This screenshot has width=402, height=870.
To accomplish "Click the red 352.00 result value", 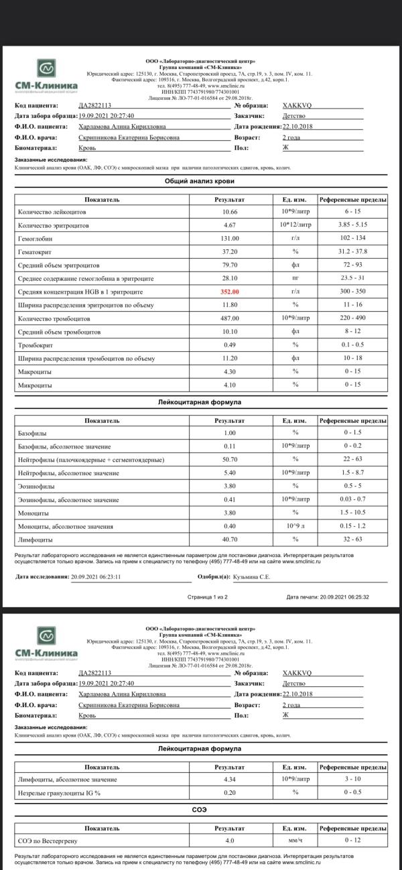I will click(230, 292).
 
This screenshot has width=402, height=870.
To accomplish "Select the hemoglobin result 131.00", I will click(230, 238).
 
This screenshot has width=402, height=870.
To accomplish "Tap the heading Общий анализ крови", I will click(200, 181).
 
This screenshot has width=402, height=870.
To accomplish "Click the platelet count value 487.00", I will click(230, 318).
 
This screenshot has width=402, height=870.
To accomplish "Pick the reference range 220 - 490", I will click(352, 318).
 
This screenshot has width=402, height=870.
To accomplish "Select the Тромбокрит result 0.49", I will click(230, 345).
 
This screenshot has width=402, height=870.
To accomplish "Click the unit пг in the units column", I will click(295, 278).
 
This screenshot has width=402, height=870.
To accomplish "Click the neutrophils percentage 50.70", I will click(230, 459).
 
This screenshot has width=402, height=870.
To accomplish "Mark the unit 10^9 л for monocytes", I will click(295, 525).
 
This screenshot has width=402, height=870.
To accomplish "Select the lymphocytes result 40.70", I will click(230, 539).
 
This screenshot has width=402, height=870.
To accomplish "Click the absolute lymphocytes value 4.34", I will click(230, 780).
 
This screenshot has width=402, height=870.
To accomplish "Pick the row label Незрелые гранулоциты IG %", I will click(59, 793).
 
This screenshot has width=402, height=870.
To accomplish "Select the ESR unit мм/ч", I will click(295, 840).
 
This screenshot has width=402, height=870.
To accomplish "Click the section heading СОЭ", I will click(200, 810).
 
